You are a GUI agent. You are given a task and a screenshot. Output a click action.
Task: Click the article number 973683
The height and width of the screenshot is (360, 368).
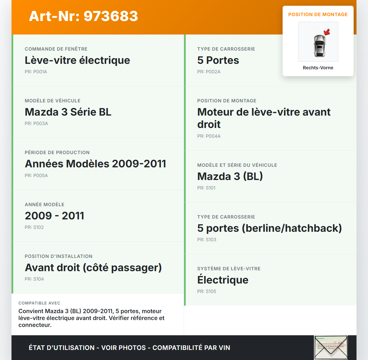coord(83,16)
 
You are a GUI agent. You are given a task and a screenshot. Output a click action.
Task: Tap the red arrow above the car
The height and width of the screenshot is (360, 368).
coord(327,32)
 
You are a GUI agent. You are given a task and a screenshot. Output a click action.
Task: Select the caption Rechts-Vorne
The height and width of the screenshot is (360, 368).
coord(318,68)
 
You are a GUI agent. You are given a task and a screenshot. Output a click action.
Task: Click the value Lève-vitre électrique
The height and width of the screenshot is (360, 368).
coord(77,60)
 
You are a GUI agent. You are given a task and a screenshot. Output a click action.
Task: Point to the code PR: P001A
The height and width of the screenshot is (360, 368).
coord(36,72)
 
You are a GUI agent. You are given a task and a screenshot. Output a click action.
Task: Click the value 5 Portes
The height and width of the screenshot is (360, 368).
coord(218,60)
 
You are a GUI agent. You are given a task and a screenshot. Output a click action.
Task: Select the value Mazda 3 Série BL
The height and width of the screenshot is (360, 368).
coord(68,112)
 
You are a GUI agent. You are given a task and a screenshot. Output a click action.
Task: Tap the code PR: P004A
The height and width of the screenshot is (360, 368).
coord(209,136)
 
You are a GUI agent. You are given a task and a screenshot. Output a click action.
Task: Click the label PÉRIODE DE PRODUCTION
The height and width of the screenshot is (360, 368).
coord(57,153)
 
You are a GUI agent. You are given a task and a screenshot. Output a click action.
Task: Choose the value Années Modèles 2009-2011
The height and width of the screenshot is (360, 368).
coord(95,164)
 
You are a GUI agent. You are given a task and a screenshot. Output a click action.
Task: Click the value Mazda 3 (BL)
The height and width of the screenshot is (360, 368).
coord(230,177)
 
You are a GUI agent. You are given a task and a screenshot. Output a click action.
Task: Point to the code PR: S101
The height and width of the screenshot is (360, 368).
coord(206,188)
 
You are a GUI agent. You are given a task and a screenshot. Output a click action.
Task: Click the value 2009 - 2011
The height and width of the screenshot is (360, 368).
coord(55,216)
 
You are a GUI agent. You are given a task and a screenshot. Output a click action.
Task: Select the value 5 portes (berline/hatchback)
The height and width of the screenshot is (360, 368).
coord(269,228)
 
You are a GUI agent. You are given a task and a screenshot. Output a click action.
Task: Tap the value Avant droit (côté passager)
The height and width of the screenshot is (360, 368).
coord(93,268)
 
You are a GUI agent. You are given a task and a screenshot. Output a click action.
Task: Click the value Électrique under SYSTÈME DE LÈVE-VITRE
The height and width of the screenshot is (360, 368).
coord(223,280)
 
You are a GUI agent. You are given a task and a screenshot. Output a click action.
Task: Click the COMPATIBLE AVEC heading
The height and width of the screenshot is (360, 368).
coord(39,303)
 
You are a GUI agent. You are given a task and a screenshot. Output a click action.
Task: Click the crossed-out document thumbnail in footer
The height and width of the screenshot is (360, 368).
coord(331,348)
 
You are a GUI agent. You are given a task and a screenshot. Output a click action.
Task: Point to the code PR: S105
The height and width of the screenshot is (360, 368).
coord(206,292)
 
